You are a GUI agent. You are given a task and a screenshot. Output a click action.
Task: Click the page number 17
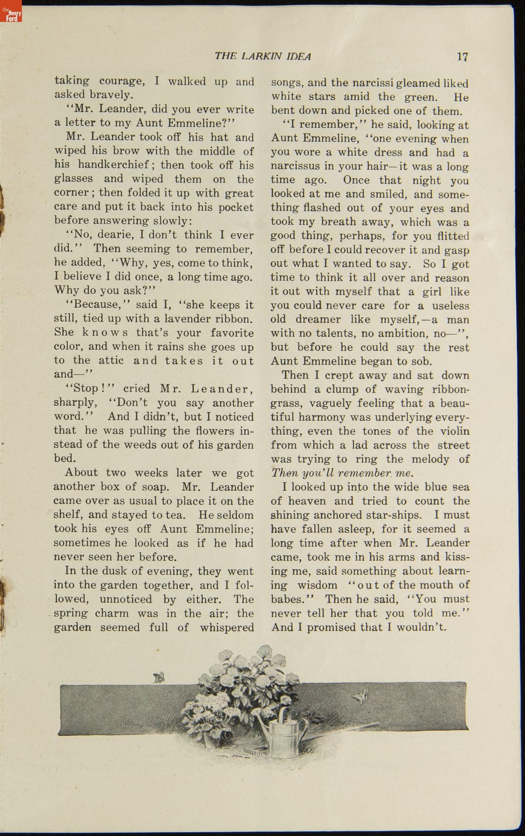point(462,56)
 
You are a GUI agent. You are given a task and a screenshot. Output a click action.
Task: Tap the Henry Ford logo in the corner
point(11,11)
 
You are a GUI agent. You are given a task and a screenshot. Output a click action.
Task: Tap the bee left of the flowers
point(159,678)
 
